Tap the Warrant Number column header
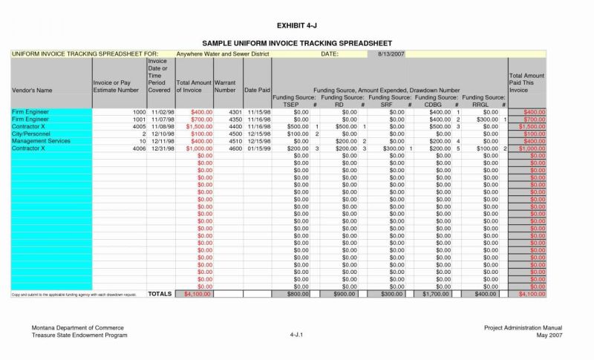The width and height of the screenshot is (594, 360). point(225,86)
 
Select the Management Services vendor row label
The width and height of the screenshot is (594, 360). point(41,141)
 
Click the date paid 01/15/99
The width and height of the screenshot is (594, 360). point(258,148)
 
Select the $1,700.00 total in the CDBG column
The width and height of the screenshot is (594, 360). point(435,294)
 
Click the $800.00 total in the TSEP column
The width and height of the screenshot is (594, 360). point(296,294)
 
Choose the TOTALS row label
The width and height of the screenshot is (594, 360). point(160,294)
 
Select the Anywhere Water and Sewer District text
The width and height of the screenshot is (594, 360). point(222,54)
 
